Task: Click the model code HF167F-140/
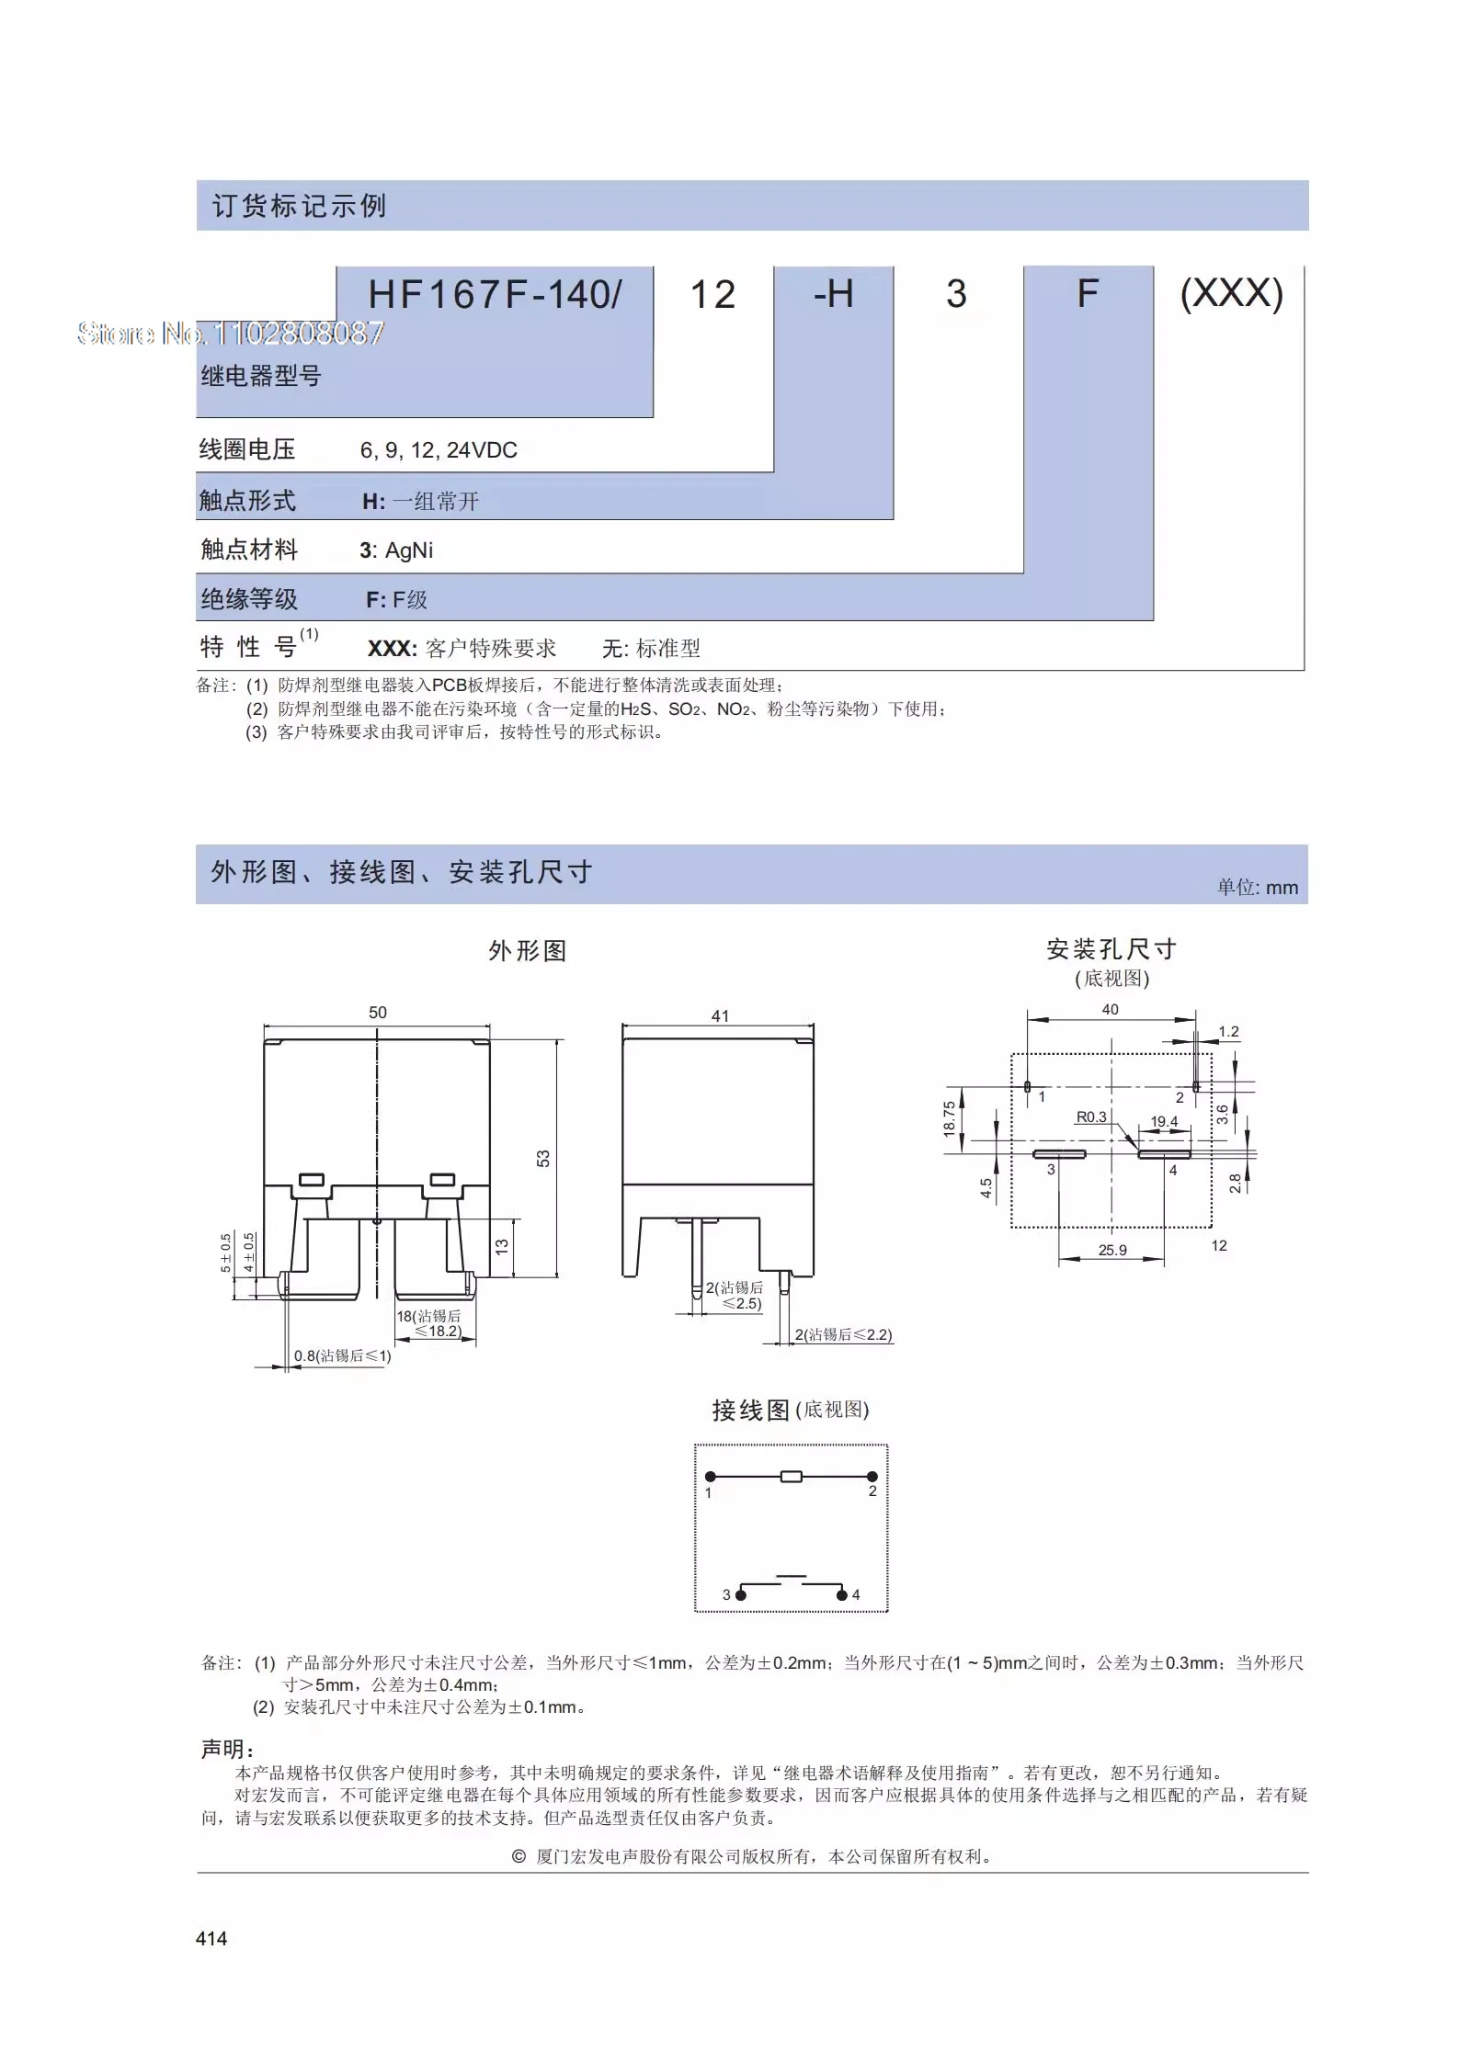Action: pyautogui.click(x=495, y=295)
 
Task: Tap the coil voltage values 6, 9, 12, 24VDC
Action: pyautogui.click(x=439, y=450)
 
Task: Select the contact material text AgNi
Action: pyautogui.click(x=408, y=550)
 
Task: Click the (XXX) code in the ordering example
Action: pyautogui.click(x=1231, y=294)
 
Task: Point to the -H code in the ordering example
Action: pyautogui.click(x=833, y=294)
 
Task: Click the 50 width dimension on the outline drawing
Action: pyautogui.click(x=378, y=1013)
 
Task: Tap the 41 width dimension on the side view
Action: pyautogui.click(x=720, y=1016)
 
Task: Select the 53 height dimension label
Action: pyautogui.click(x=543, y=1158)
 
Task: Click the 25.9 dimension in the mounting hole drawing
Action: pyautogui.click(x=1112, y=1250)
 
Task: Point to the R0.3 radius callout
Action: pyautogui.click(x=1091, y=1117)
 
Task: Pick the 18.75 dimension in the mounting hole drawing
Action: pyautogui.click(x=950, y=1119)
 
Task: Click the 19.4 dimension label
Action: pyautogui.click(x=1164, y=1122)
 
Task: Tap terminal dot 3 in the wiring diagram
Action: pyautogui.click(x=741, y=1595)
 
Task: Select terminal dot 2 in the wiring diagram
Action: pyautogui.click(x=872, y=1477)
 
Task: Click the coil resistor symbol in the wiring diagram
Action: pyautogui.click(x=791, y=1477)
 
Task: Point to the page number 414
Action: pyautogui.click(x=211, y=1939)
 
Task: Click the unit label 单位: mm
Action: pyautogui.click(x=1258, y=888)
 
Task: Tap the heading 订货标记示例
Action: pyautogui.click(x=300, y=206)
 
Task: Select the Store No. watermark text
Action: pyautogui.click(x=231, y=333)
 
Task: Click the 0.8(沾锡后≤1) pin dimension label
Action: pyautogui.click(x=342, y=1356)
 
